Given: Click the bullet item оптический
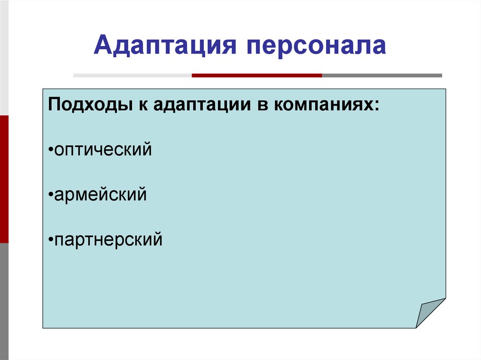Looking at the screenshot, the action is (x=103, y=149).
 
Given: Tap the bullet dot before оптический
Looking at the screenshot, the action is (x=51, y=149).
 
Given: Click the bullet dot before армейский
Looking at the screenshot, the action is (x=51, y=194).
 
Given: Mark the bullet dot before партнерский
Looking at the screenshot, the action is (x=51, y=239).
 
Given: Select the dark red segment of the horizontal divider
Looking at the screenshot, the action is (x=257, y=76).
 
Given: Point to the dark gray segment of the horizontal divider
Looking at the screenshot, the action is (x=382, y=76).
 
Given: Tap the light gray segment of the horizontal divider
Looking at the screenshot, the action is (x=132, y=76).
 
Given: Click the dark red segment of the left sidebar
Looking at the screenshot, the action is (x=4, y=179).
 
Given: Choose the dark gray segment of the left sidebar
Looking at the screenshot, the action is (x=4, y=301).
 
